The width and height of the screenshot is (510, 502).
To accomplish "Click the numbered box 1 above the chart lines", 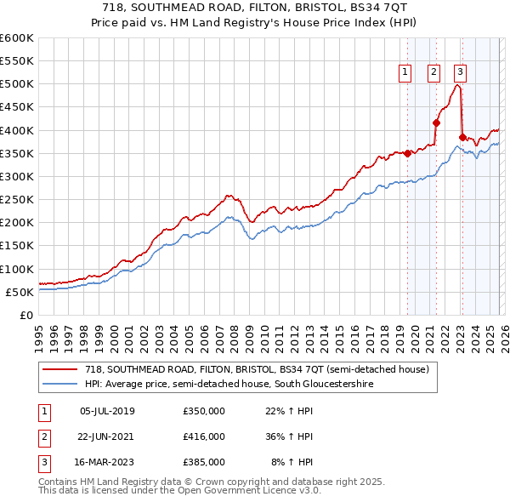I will pyautogui.click(x=405, y=73).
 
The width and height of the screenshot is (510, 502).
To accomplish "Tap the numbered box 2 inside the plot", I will pyautogui.click(x=433, y=73).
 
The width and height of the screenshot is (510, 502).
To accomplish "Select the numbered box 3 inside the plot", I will pyautogui.click(x=460, y=73).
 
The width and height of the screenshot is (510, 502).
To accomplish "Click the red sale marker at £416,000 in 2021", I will pyautogui.click(x=436, y=123).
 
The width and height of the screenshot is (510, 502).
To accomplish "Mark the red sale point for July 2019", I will pyautogui.click(x=407, y=153).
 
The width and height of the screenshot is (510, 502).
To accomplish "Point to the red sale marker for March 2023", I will pyautogui.click(x=462, y=137).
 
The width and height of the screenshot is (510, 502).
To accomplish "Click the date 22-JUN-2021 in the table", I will pyautogui.click(x=107, y=436).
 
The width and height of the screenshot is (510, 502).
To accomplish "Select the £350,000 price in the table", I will pyautogui.click(x=203, y=411).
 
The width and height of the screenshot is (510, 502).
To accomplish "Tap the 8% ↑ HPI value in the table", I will pyautogui.click(x=292, y=462).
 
